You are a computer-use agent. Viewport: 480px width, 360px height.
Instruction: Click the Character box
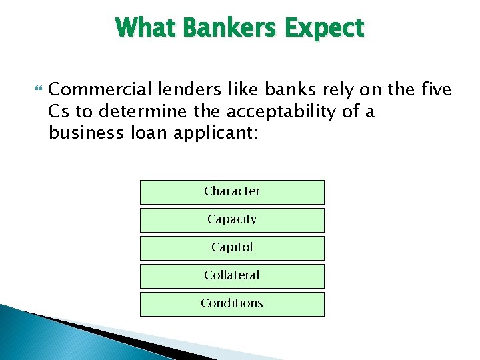pyautogui.click(x=232, y=192)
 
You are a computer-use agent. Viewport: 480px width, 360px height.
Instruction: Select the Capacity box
pyautogui.click(x=232, y=220)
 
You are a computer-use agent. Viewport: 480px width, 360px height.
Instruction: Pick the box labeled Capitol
pyautogui.click(x=232, y=248)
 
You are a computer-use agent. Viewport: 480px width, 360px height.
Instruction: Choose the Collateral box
pyautogui.click(x=232, y=276)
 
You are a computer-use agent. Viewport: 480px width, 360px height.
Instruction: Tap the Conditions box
pyautogui.click(x=232, y=304)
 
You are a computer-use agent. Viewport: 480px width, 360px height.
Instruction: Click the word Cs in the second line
pyautogui.click(x=58, y=111)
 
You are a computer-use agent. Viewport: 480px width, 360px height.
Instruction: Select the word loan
pyautogui.click(x=145, y=133)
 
